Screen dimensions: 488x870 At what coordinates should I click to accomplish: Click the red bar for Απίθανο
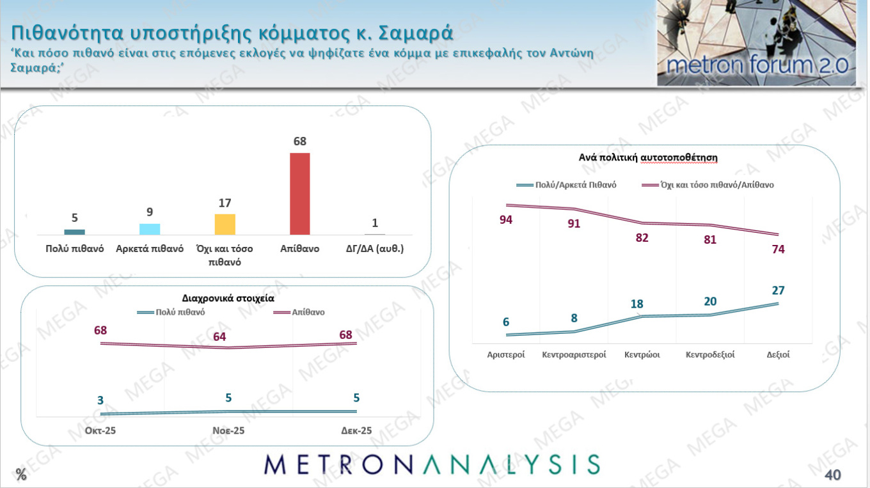coord(300,194)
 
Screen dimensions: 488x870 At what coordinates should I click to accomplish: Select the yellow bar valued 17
coord(225,224)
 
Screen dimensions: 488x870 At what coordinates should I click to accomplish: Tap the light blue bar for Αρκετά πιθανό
coord(150,230)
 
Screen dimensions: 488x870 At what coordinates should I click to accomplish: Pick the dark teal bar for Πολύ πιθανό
coord(74,232)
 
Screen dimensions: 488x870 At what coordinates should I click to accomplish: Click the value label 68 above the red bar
coord(300,142)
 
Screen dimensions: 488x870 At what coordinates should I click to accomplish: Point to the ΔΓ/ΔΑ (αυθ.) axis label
coord(375,249)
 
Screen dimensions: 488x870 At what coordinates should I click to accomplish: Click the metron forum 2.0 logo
coord(756,43)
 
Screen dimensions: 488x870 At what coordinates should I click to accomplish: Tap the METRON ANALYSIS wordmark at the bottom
coord(432,465)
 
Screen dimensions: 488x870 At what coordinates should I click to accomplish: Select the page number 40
coord(832,475)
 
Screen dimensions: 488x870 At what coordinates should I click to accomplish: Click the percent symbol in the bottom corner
coord(22,475)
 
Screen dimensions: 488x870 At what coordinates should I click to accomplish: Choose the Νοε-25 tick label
coord(228,431)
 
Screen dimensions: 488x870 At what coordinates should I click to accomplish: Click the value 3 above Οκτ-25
coord(100,401)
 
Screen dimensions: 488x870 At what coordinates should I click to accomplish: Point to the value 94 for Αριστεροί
coord(505,220)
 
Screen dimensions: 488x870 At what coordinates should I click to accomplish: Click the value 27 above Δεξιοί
coord(778,290)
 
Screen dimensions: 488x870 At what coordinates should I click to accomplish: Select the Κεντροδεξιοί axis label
coord(710,354)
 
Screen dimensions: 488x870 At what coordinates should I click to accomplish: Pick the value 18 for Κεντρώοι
coord(637,304)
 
